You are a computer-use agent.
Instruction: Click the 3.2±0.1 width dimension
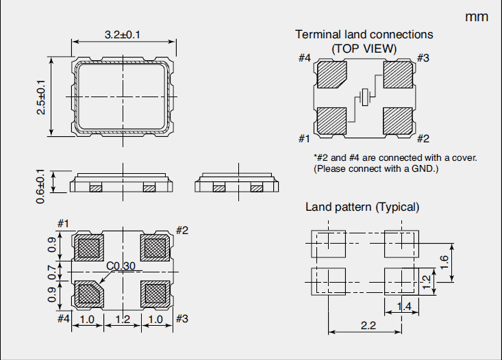(x=123, y=34)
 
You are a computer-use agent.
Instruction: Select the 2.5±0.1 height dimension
(x=42, y=96)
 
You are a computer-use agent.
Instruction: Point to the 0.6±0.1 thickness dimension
(x=42, y=185)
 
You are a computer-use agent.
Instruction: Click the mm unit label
(x=477, y=17)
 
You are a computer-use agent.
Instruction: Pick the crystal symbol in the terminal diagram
(x=366, y=97)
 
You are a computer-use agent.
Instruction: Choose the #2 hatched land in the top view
(x=399, y=121)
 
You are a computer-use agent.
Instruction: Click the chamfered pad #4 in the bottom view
(x=88, y=293)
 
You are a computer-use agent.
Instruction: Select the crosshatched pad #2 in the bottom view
(x=155, y=247)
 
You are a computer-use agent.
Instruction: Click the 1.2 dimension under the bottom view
(x=122, y=319)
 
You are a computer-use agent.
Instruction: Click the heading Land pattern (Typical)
(x=362, y=207)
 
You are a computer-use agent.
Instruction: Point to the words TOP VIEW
(x=364, y=48)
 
